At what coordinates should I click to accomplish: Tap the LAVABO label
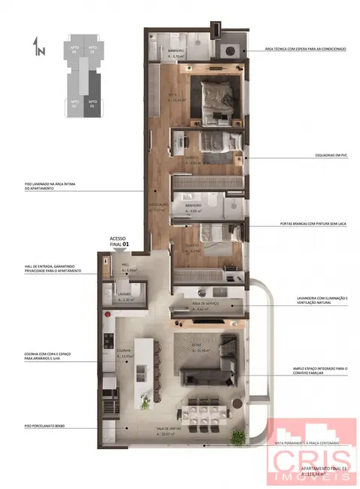pyautogui.click(x=124, y=295)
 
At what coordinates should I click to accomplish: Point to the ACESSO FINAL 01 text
pyautogui.click(x=120, y=239)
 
